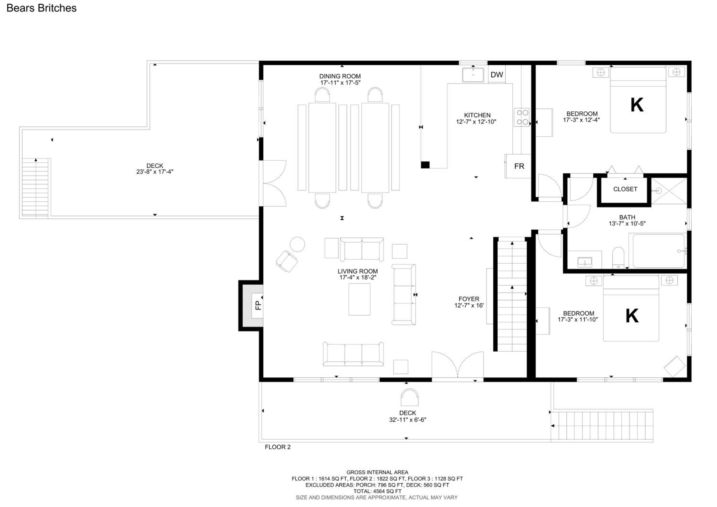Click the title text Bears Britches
tap(42, 8)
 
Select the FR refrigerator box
tap(519, 166)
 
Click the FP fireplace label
tap(258, 305)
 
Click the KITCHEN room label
tap(477, 115)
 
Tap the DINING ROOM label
tap(340, 76)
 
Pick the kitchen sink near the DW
tap(473, 75)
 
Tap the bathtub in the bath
tap(658, 251)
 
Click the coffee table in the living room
tap(359, 299)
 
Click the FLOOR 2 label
tap(278, 447)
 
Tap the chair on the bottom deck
tap(409, 397)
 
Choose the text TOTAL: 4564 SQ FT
tap(377, 491)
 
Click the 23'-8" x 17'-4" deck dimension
tap(155, 171)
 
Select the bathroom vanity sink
tap(585, 262)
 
